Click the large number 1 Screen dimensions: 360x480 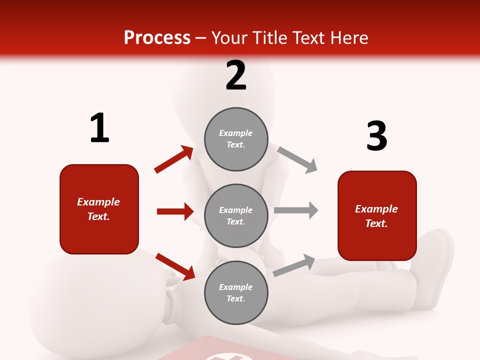99,128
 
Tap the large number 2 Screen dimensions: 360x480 236,75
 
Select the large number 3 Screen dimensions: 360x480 377,136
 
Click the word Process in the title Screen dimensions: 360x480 157,37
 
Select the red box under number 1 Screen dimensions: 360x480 99,209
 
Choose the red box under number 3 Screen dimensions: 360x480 377,216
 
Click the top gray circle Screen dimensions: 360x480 236,139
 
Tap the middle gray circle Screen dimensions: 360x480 236,216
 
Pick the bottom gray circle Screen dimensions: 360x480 236,293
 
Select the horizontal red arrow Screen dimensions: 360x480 175,211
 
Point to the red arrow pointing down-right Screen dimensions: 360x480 175,266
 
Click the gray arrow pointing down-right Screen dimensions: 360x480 297,159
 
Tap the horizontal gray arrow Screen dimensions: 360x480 296,210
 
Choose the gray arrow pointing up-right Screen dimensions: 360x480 294,265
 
